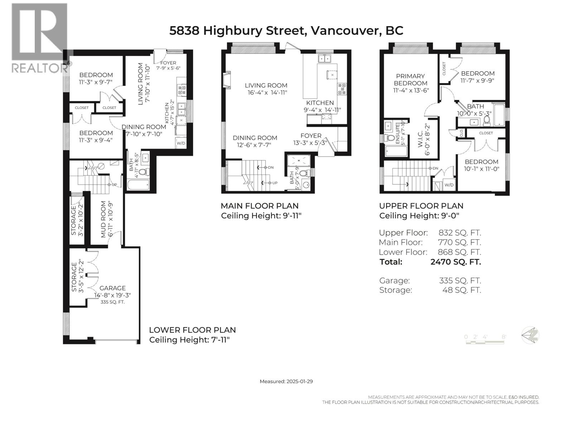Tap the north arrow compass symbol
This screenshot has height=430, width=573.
point(530,335)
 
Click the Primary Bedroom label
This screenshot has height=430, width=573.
point(411,80)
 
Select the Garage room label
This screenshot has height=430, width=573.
point(112,288)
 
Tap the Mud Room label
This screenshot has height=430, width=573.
point(103,219)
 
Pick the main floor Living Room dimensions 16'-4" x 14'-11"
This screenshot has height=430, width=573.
point(267,92)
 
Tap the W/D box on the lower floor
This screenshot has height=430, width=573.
point(181,143)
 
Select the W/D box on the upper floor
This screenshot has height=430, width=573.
point(449,185)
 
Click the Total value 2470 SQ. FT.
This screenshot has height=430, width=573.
point(456,262)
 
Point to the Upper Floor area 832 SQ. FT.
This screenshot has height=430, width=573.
point(459,233)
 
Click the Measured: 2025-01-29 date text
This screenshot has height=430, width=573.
point(286,381)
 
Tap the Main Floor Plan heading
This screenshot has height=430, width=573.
point(260,206)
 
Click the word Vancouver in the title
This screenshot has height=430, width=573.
point(345,30)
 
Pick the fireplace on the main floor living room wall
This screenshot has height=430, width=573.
point(226,80)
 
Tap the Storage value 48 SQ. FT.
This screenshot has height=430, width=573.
point(462,290)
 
